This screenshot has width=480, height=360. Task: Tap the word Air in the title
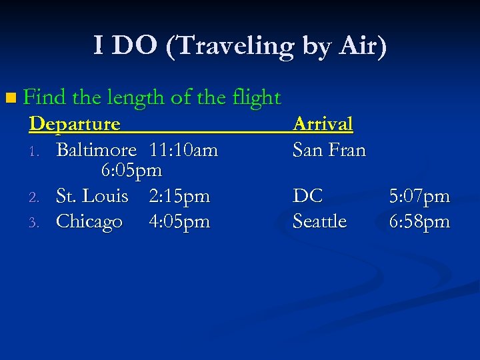click(359, 46)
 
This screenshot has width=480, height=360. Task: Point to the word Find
click(45, 98)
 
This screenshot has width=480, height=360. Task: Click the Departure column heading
click(75, 124)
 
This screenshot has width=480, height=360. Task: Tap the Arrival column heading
click(323, 124)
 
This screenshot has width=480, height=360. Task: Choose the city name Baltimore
click(96, 150)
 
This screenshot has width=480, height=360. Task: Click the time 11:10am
click(184, 150)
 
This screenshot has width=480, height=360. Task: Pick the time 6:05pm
click(131, 171)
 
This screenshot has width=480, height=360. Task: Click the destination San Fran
click(329, 150)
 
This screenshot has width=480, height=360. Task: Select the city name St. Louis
click(92, 196)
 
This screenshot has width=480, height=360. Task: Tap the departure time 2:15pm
click(179, 196)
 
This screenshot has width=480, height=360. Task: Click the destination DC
click(307, 196)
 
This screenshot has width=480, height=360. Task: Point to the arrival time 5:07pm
click(419, 196)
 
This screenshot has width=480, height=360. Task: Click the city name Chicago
click(89, 221)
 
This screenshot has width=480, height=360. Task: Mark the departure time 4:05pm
click(179, 221)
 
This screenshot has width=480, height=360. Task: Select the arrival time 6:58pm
click(419, 221)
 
